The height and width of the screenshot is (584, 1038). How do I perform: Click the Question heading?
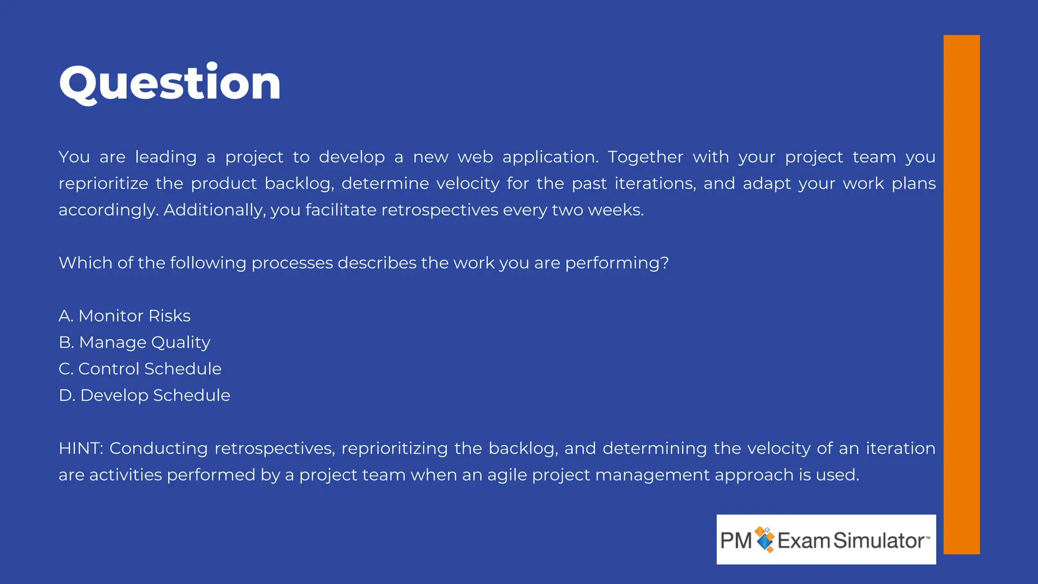pos(170,84)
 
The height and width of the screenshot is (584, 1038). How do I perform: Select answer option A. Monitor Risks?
pos(125,316)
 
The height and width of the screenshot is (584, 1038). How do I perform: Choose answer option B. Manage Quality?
pos(134,343)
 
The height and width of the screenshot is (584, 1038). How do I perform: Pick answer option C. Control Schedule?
pos(140,369)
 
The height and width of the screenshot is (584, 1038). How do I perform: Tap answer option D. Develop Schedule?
pos(144,395)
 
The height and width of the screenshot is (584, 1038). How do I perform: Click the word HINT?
pos(81,449)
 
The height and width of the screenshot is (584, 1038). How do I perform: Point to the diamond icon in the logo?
pos(765,539)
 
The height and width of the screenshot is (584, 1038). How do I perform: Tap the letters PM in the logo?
pos(736,541)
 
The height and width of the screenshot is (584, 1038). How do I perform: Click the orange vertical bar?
pos(961,294)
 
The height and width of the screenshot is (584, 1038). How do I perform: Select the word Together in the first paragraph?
pos(645,157)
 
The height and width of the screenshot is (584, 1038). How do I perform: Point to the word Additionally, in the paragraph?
pos(214,210)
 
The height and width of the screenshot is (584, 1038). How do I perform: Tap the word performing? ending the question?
pos(617,263)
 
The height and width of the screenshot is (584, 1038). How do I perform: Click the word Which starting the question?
pos(85,263)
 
